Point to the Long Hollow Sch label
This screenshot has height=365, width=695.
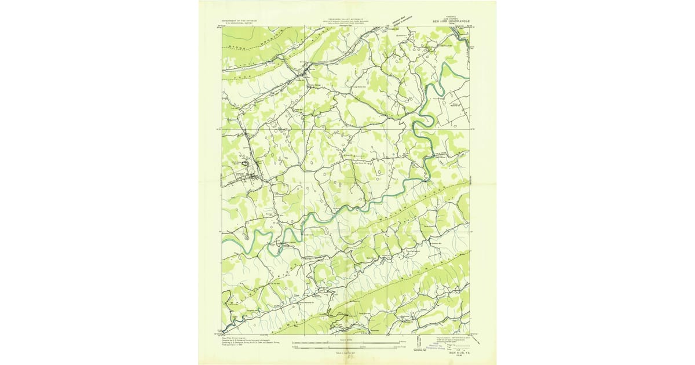click(360, 87)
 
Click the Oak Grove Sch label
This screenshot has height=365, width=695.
click(363, 162)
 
